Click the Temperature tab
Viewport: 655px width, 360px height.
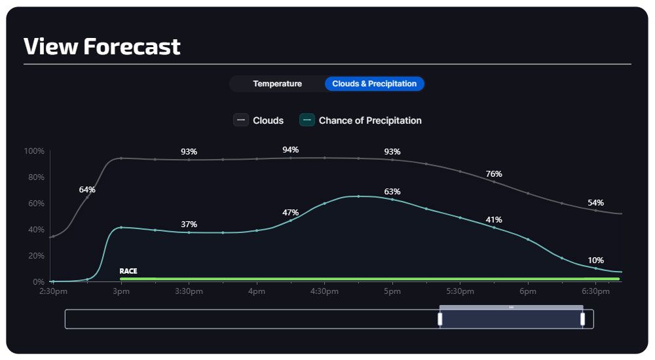pyautogui.click(x=277, y=84)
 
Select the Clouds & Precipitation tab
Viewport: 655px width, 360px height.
pyautogui.click(x=374, y=84)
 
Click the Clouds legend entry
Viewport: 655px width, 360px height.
pyautogui.click(x=259, y=120)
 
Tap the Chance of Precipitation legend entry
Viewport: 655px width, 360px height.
pyautogui.click(x=361, y=120)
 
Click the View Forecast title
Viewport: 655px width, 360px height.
pyautogui.click(x=102, y=46)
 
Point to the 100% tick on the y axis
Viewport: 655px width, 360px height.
pyautogui.click(x=34, y=151)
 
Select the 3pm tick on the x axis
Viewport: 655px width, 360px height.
pyautogui.click(x=121, y=291)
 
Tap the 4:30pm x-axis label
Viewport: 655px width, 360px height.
pyautogui.click(x=324, y=291)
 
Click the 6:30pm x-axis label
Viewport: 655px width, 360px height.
pyautogui.click(x=595, y=291)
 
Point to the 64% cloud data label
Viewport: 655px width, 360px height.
pyautogui.click(x=87, y=190)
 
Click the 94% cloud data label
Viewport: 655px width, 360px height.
pyautogui.click(x=290, y=150)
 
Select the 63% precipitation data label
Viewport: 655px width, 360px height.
pyautogui.click(x=392, y=192)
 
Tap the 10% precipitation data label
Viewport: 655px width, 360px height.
pyautogui.click(x=595, y=260)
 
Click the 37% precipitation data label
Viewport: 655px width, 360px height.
pyautogui.click(x=189, y=225)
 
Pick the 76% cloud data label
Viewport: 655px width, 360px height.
pyautogui.click(x=494, y=174)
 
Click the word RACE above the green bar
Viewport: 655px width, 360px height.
pyautogui.click(x=128, y=271)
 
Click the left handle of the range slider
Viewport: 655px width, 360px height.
pyautogui.click(x=440, y=319)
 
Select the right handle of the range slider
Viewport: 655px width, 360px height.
pyautogui.click(x=582, y=319)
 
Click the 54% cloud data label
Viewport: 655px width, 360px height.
pyautogui.click(x=595, y=203)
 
